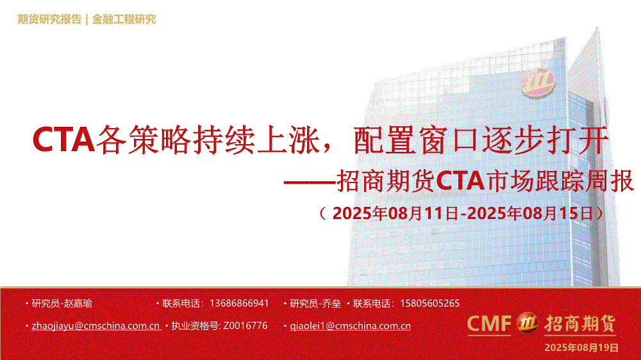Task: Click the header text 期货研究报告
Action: point(49,19)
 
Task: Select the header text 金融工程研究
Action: point(124,19)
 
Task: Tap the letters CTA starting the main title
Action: point(63,140)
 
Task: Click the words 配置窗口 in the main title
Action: point(415,140)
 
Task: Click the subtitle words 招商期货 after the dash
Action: point(385,181)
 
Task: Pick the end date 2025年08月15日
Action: point(530,213)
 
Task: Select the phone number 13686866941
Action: point(239,303)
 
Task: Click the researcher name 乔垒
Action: point(331,304)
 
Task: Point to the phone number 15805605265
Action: point(429,303)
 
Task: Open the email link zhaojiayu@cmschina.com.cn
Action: point(96,325)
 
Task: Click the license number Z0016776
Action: point(246,325)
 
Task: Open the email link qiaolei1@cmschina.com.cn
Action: point(351,325)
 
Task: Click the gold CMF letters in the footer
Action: point(489,323)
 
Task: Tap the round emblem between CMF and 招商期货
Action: point(528,323)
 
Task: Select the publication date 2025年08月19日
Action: point(581,348)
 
